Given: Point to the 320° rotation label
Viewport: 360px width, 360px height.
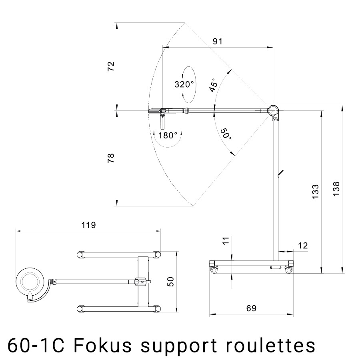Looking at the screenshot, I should coord(184,84).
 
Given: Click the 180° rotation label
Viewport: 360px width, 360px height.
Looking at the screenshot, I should coord(168,135).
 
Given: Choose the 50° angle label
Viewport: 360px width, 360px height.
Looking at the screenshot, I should coord(226,134).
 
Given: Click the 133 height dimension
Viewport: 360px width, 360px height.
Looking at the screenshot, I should coord(316,192).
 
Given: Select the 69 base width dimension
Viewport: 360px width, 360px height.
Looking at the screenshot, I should coord(251,308).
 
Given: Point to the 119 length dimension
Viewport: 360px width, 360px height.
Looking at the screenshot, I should coord(88,225).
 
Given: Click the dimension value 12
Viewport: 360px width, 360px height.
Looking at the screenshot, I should coord(303,246).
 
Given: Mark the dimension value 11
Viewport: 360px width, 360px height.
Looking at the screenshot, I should coord(226,241).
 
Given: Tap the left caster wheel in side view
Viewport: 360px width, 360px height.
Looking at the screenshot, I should coord(214,270).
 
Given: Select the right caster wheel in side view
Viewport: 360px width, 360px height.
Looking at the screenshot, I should coord(288,270).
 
